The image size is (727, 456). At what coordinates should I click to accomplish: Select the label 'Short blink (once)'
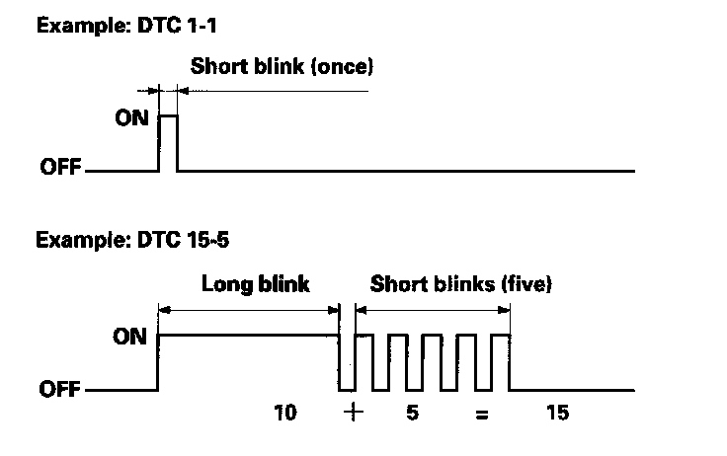point(283,67)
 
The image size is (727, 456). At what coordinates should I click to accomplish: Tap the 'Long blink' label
point(256,285)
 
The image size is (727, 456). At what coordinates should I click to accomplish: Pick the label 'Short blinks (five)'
point(460,285)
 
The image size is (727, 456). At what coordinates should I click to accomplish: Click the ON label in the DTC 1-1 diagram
point(131,117)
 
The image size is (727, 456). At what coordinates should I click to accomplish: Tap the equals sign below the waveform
point(481,416)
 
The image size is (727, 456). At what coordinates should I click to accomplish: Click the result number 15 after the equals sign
point(557,414)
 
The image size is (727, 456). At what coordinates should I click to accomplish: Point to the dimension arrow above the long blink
point(248,309)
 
